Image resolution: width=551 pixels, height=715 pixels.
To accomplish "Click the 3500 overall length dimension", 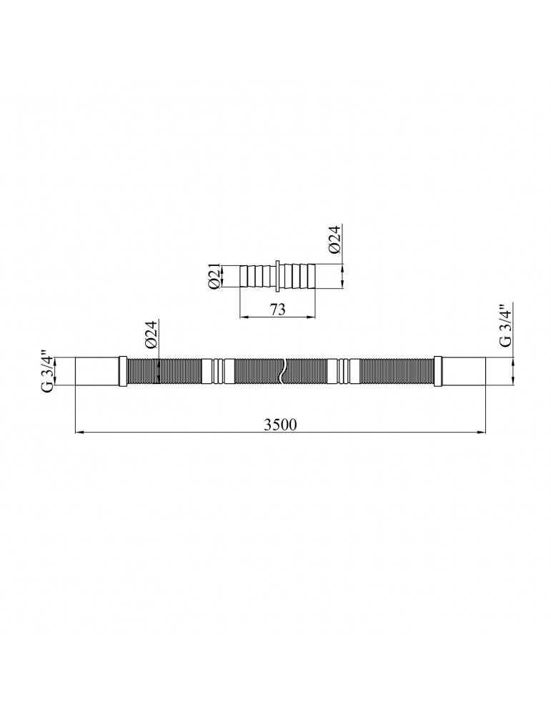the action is click(x=280, y=425).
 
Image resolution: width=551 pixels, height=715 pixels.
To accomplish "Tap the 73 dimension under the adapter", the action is click(x=277, y=309).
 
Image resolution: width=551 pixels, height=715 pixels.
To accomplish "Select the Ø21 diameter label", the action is click(x=214, y=275).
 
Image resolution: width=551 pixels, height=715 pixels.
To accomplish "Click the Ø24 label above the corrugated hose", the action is click(x=152, y=334).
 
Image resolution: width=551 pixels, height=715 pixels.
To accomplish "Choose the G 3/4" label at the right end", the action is click(x=507, y=325).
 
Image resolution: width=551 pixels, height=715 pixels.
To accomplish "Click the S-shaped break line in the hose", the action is click(x=282, y=370).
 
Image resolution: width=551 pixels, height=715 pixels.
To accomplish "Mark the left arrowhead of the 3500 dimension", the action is click(x=79, y=433).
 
